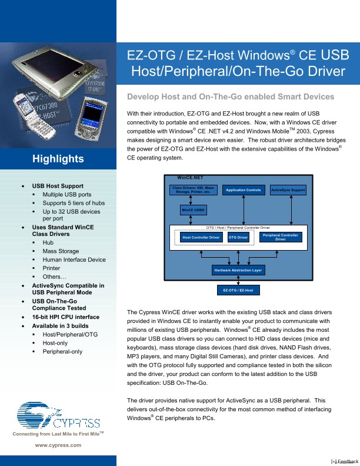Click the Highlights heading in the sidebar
pyautogui.click(x=58, y=159)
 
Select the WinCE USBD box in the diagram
pyautogui.click(x=193, y=210)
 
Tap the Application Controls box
pyautogui.click(x=244, y=190)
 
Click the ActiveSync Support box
pyautogui.click(x=288, y=190)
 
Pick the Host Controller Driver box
pyautogui.click(x=201, y=237)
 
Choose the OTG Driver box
pyautogui.click(x=238, y=237)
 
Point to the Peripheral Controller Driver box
pyautogui.click(x=280, y=237)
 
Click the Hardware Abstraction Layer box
pyautogui.click(x=238, y=270)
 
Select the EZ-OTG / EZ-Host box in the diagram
pyautogui.click(x=238, y=290)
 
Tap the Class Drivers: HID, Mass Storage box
pyautogui.click(x=193, y=189)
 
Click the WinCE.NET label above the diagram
pyautogui.click(x=189, y=177)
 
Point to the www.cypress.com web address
pyautogui.click(x=58, y=445)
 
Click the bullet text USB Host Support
pyautogui.click(x=62, y=186)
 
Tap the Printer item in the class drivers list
pyautogui.click(x=51, y=268)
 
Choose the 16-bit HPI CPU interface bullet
pyautogui.click(x=66, y=317)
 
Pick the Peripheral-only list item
pyautogui.click(x=62, y=351)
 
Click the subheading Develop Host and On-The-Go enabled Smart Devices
pyautogui.click(x=231, y=96)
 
